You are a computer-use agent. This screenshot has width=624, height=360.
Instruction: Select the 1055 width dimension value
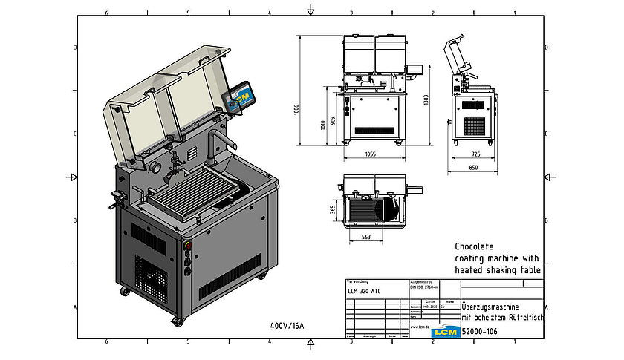(x=371, y=154)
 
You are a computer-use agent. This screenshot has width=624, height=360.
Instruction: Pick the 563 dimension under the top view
(x=366, y=238)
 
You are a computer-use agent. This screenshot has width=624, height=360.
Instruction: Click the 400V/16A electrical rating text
(x=288, y=325)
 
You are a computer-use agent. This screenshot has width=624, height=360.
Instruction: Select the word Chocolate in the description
(x=474, y=246)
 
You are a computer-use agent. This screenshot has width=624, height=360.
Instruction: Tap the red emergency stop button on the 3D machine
(x=187, y=246)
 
